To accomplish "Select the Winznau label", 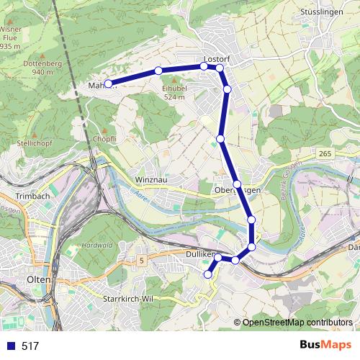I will coord(150,179).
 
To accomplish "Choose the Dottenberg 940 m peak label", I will coord(42,68).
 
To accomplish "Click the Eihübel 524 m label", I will coord(175,91).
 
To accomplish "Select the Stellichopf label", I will coord(32,143).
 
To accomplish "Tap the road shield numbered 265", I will coord(324,153).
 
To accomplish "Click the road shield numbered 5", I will coord(142,259).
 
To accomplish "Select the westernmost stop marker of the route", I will coord(108,84).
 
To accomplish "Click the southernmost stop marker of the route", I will coord(208,274).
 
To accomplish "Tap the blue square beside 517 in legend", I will coord(11,346).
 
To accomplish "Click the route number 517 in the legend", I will coord(30,346).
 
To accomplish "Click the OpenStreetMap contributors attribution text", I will coord(297,322).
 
